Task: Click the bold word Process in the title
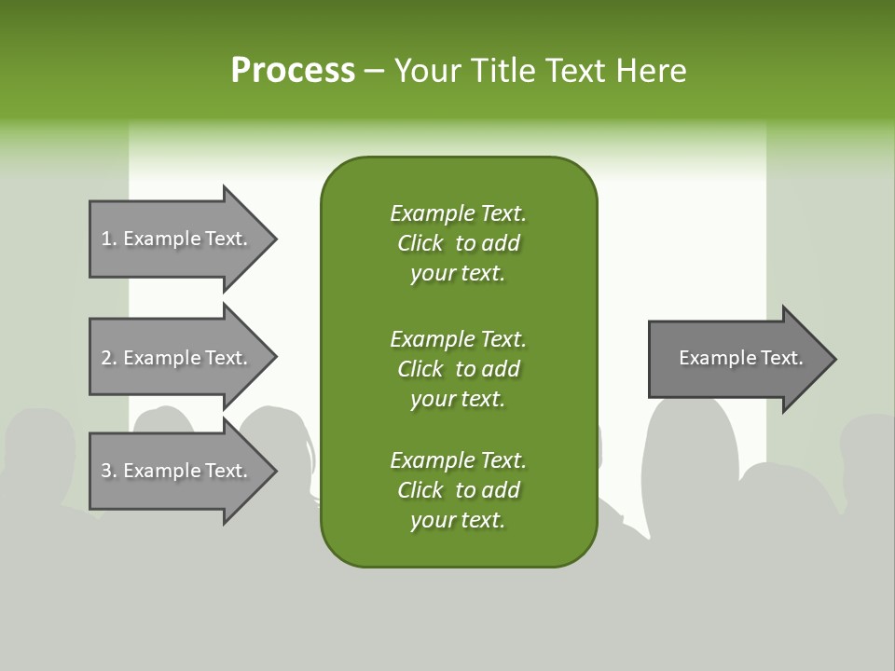tap(293, 71)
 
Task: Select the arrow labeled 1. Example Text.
tap(177, 239)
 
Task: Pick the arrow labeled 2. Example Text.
tap(177, 358)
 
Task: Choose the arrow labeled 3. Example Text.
tap(177, 471)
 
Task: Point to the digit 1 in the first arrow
tap(106, 239)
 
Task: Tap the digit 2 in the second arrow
tap(106, 358)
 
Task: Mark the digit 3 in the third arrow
tap(106, 471)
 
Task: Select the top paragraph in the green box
tap(458, 243)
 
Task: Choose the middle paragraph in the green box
tap(458, 369)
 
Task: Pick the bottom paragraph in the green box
tap(458, 490)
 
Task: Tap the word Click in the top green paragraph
tap(420, 243)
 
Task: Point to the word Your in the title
tap(426, 71)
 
